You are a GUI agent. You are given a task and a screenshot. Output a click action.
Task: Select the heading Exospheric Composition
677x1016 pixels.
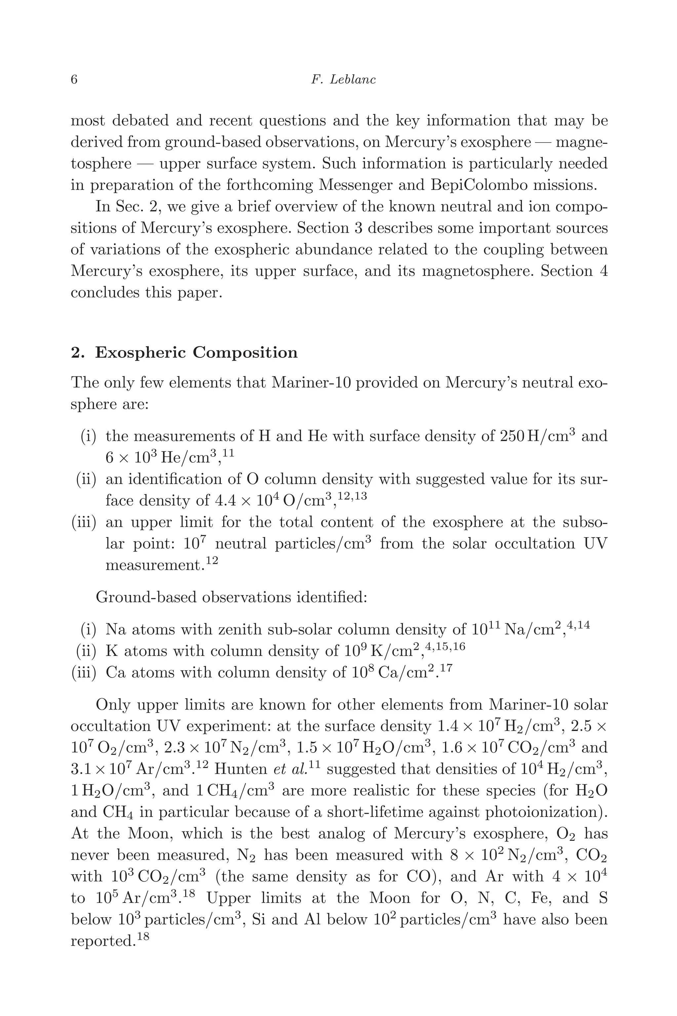196,353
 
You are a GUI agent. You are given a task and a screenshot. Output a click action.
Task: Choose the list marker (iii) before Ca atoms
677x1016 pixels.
83,673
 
